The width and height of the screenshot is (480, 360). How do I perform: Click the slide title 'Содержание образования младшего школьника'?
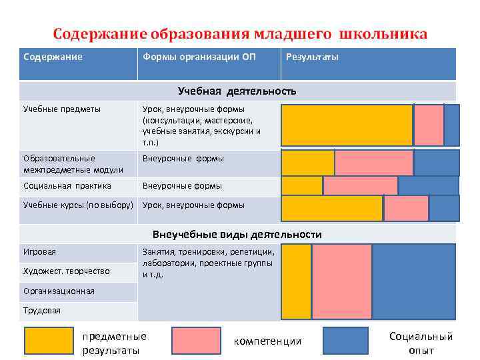pyautogui.click(x=240, y=33)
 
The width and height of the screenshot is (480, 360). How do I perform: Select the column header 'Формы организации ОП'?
pyautogui.click(x=199, y=57)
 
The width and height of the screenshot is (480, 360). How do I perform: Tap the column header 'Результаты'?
pyautogui.click(x=311, y=57)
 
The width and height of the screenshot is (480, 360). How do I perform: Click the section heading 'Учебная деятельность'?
pyautogui.click(x=237, y=91)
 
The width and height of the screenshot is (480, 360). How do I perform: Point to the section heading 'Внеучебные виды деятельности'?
pyautogui.click(x=237, y=235)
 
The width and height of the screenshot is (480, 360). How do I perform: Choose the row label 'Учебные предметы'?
pyautogui.click(x=62, y=109)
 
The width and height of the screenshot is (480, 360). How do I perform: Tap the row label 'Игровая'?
pyautogui.click(x=40, y=252)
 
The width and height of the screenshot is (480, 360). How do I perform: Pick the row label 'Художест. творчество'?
pyautogui.click(x=67, y=271)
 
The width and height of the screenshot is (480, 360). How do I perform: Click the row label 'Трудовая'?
pyautogui.click(x=42, y=311)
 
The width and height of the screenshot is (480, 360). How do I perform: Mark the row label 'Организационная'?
pyautogui.click(x=59, y=291)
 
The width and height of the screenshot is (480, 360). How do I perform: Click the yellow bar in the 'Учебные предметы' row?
pyautogui.click(x=347, y=125)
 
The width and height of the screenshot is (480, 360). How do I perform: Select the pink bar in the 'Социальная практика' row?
pyautogui.click(x=360, y=185)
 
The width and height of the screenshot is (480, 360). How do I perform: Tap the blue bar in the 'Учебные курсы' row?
pyautogui.click(x=444, y=208)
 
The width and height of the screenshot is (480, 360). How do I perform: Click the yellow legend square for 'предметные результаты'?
pyautogui.click(x=49, y=341)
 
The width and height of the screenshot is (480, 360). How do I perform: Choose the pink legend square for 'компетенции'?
pyautogui.click(x=196, y=341)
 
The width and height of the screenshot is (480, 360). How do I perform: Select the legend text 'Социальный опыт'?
pyautogui.click(x=421, y=343)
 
